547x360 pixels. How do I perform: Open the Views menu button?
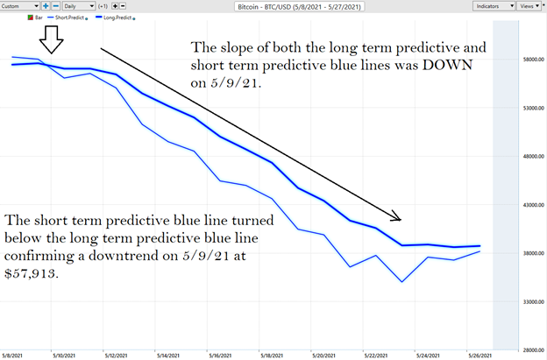coord(529,5)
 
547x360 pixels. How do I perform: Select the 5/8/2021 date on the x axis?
coord(13,355)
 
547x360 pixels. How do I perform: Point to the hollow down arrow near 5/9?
coord(49,39)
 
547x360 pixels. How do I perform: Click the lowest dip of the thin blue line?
coord(401,282)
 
